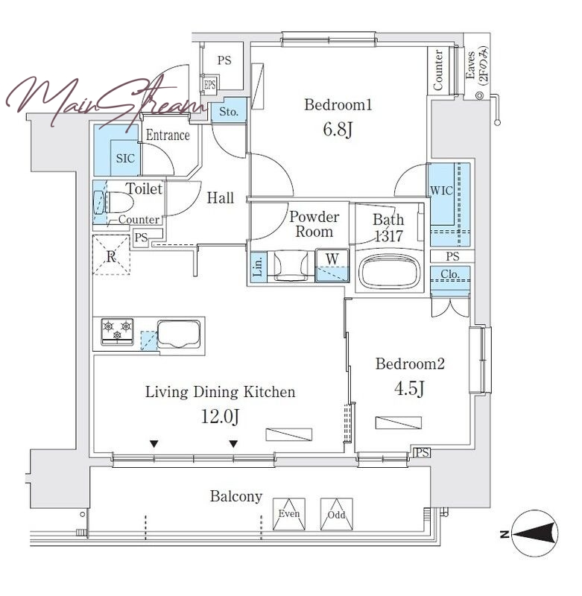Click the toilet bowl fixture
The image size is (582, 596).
pyautogui.click(x=118, y=203)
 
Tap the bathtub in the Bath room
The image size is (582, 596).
pyautogui.click(x=390, y=272)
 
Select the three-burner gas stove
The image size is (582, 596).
pyautogui.click(x=117, y=332)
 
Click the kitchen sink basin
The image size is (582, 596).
pyautogui.click(x=179, y=334)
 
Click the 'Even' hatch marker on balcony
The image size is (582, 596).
pyautogui.click(x=289, y=514)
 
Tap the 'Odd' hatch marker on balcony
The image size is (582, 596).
pyautogui.click(x=336, y=514)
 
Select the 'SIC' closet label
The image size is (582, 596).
pyautogui.click(x=125, y=158)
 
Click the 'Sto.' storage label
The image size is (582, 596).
pyautogui.click(x=229, y=112)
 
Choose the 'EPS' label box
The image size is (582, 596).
pyautogui.click(x=210, y=84)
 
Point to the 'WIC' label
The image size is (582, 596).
pyautogui.click(x=441, y=190)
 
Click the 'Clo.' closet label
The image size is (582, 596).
pyautogui.click(x=450, y=273)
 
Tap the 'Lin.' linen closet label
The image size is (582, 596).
pyautogui.click(x=258, y=267)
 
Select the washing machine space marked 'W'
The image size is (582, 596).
pyautogui.click(x=332, y=266)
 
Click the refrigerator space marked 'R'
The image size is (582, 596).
pyautogui.click(x=111, y=255)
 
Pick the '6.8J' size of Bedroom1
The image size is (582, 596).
pyautogui.click(x=338, y=129)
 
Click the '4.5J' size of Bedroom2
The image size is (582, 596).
pyautogui.click(x=409, y=388)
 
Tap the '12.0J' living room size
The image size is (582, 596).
pyautogui.click(x=220, y=416)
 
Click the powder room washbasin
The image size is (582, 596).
pyautogui.click(x=291, y=265)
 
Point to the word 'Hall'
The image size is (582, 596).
pyautogui.click(x=221, y=198)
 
